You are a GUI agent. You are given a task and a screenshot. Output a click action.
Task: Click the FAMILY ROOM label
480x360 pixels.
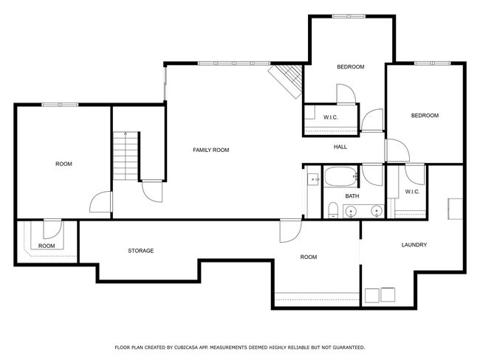click(x=211, y=150)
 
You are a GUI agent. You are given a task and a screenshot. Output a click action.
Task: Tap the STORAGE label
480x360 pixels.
click(x=141, y=251)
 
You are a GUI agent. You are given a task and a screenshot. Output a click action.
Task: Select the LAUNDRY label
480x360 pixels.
click(x=414, y=245)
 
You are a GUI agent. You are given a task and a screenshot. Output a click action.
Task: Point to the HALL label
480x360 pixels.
click(x=340, y=147)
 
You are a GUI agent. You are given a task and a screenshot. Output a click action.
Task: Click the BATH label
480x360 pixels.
click(x=352, y=196)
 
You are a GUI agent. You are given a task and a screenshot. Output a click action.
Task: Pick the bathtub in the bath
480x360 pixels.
click(x=341, y=177)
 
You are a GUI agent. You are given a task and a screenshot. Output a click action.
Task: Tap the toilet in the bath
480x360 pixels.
click(x=333, y=210)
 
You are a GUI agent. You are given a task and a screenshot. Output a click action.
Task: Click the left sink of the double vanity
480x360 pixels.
click(x=351, y=211)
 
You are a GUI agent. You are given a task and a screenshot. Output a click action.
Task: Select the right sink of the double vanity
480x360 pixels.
click(x=376, y=211)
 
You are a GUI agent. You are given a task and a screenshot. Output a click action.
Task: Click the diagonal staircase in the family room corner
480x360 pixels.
click(x=287, y=80)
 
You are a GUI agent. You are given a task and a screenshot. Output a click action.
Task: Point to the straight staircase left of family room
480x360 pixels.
click(x=126, y=156)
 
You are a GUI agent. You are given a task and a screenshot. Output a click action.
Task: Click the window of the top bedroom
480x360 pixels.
click(x=349, y=16)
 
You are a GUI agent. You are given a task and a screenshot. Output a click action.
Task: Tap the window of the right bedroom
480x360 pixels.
click(x=432, y=63)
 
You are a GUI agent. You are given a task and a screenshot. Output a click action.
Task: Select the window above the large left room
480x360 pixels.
click(x=60, y=105)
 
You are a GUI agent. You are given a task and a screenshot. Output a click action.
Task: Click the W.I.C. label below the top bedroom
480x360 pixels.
click(x=331, y=117)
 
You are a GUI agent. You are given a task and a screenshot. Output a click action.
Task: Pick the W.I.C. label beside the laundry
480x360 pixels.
click(x=412, y=192)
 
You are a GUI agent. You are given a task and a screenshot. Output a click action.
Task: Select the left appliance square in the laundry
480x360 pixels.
click(x=372, y=296)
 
